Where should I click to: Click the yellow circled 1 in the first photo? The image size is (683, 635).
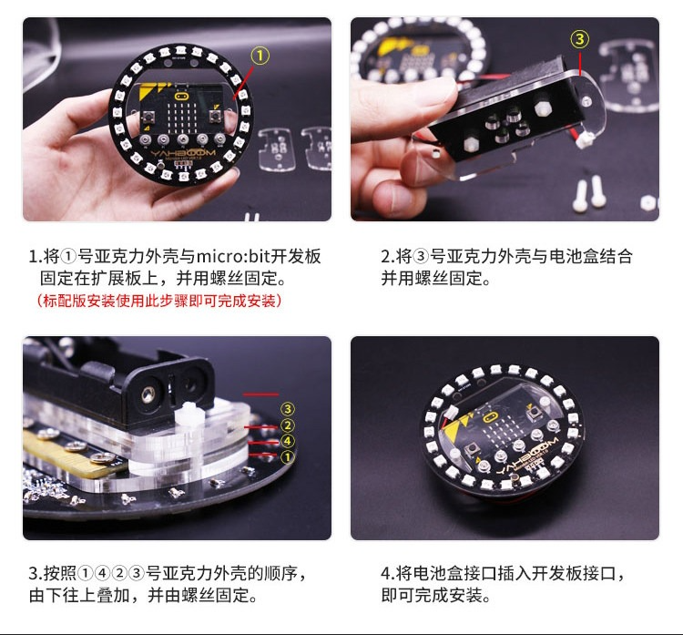point(260,56)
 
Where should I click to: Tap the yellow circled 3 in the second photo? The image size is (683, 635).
point(580,40)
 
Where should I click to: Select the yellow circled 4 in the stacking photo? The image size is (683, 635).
point(288,441)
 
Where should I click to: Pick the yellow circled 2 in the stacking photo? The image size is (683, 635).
point(288,425)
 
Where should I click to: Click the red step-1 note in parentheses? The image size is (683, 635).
point(159,301)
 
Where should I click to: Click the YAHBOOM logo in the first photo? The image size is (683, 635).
point(183,153)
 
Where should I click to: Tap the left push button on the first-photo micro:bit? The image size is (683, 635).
point(148,117)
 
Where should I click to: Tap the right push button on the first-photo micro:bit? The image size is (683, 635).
point(215,116)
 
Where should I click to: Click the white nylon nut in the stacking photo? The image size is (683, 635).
point(190,417)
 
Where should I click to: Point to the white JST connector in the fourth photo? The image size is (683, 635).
point(452,413)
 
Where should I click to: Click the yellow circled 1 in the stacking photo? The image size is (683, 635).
point(288,456)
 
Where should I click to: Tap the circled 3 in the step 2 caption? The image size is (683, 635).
point(421,256)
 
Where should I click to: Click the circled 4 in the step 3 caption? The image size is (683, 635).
point(102,573)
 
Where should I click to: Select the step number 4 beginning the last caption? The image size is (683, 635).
point(385,574)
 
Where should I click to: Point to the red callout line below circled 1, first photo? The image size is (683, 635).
point(243,81)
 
